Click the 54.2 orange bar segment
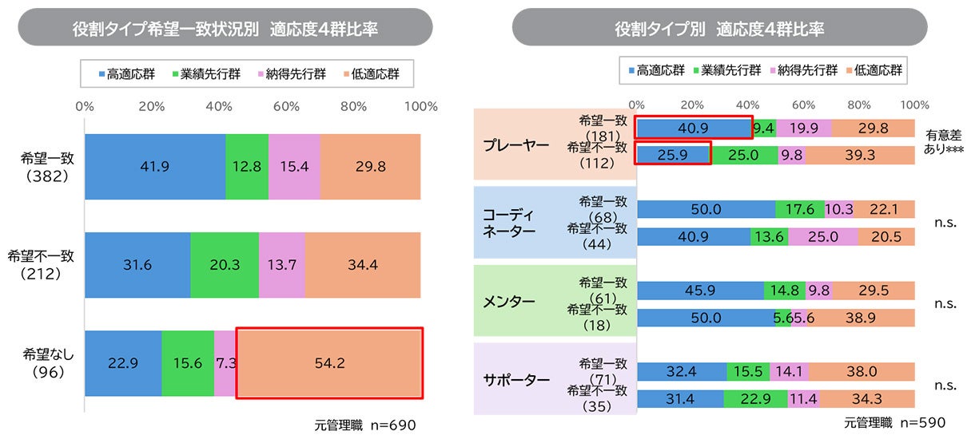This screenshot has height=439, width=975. [x=328, y=363]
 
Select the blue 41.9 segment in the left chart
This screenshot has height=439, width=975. [x=155, y=167]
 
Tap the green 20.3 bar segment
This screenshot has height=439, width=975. [x=225, y=265]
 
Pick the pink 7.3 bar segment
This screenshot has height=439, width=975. [x=225, y=363]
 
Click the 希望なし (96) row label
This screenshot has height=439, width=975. [x=48, y=363]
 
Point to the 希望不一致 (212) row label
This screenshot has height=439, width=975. [x=41, y=265]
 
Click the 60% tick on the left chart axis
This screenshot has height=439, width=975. [x=286, y=106]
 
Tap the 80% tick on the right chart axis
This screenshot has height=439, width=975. [x=859, y=105]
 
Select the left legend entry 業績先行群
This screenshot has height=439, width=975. [x=206, y=74]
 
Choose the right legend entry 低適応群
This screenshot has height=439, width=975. [x=874, y=70]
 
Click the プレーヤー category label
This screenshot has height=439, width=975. [x=515, y=145]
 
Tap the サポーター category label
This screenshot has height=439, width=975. [x=515, y=380]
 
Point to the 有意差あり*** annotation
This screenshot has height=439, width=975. [x=943, y=142]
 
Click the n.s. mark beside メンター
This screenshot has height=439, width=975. [x=945, y=303]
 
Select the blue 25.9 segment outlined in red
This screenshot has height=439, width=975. [x=673, y=155]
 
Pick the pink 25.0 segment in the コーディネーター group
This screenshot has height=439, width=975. [x=822, y=236]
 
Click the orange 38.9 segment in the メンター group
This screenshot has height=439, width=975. [x=861, y=318]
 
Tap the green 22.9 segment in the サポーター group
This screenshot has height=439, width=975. [x=756, y=398]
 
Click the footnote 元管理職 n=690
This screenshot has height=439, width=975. [x=364, y=425]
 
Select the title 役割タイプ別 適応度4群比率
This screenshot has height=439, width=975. [x=719, y=29]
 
